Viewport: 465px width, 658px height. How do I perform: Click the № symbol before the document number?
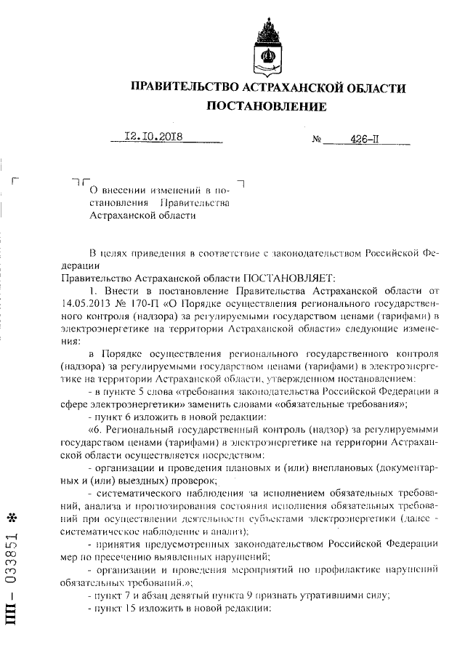pyautogui.click(x=317, y=138)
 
